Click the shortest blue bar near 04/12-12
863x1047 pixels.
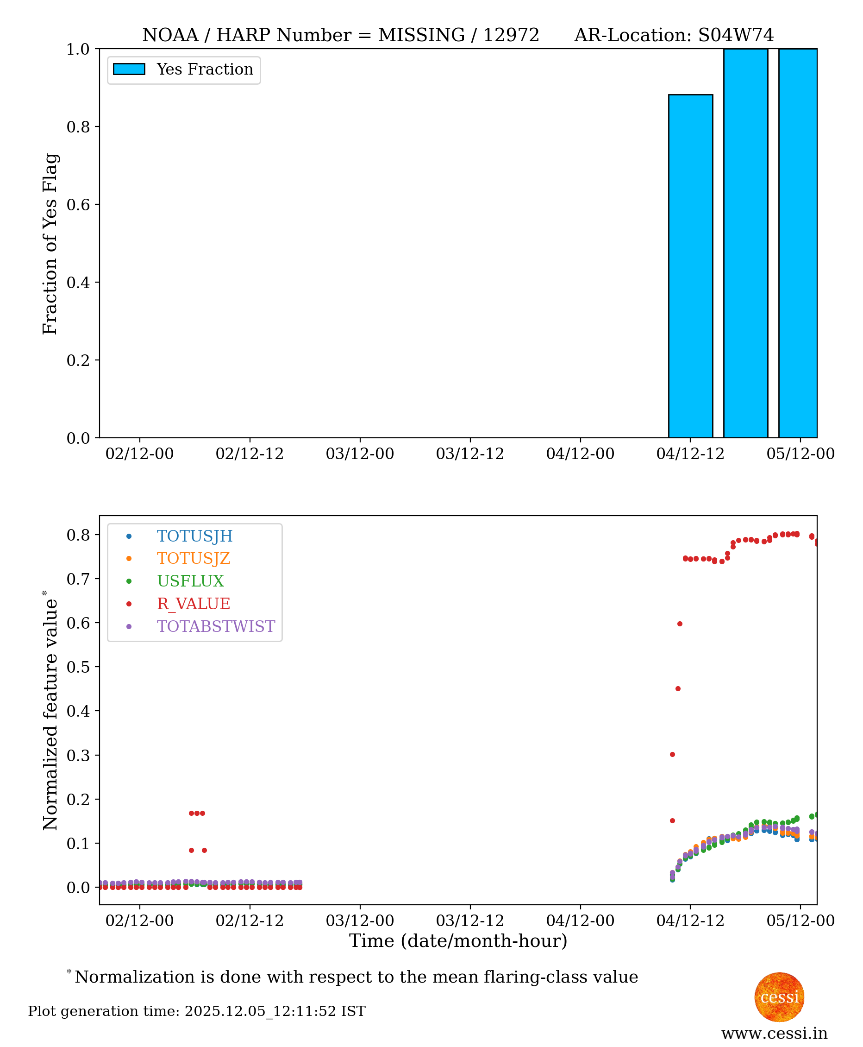click(690, 266)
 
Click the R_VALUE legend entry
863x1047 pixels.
click(194, 603)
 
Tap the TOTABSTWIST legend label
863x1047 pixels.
click(216, 626)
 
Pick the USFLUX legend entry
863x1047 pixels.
click(190, 581)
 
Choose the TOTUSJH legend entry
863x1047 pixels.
click(194, 536)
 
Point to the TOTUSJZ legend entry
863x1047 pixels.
click(194, 558)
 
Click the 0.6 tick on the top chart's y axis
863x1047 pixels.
click(78, 205)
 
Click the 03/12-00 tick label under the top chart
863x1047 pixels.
click(359, 454)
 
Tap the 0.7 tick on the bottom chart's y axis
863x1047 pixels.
click(78, 579)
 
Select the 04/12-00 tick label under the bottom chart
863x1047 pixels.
click(580, 920)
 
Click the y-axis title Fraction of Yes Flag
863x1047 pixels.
click(50, 244)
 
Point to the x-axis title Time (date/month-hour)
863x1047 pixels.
click(458, 940)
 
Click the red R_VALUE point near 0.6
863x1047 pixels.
click(680, 624)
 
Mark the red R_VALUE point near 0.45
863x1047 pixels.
click(677, 689)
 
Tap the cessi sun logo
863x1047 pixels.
click(779, 997)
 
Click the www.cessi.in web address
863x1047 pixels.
click(774, 1033)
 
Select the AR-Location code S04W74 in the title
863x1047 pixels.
click(736, 35)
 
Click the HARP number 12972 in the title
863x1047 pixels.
click(511, 35)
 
